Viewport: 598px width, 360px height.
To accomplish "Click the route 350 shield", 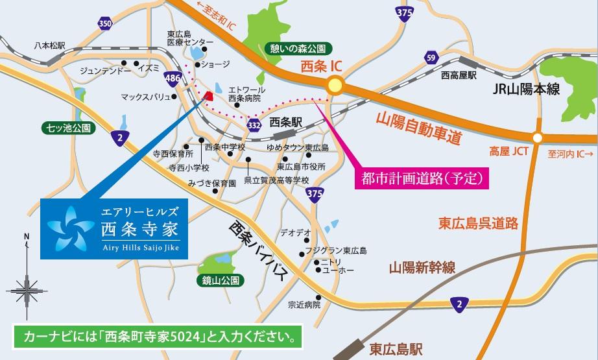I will (105, 24).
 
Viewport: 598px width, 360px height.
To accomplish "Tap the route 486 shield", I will (173, 77).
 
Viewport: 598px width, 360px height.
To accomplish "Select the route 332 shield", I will (255, 123).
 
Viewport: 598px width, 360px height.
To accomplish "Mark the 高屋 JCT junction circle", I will (536, 138).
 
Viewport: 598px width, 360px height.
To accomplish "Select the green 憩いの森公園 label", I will (300, 47).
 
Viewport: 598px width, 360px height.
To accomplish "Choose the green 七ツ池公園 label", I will (65, 126).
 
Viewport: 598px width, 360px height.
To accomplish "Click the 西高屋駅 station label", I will (459, 76).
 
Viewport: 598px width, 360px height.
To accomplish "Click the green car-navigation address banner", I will (158, 339).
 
